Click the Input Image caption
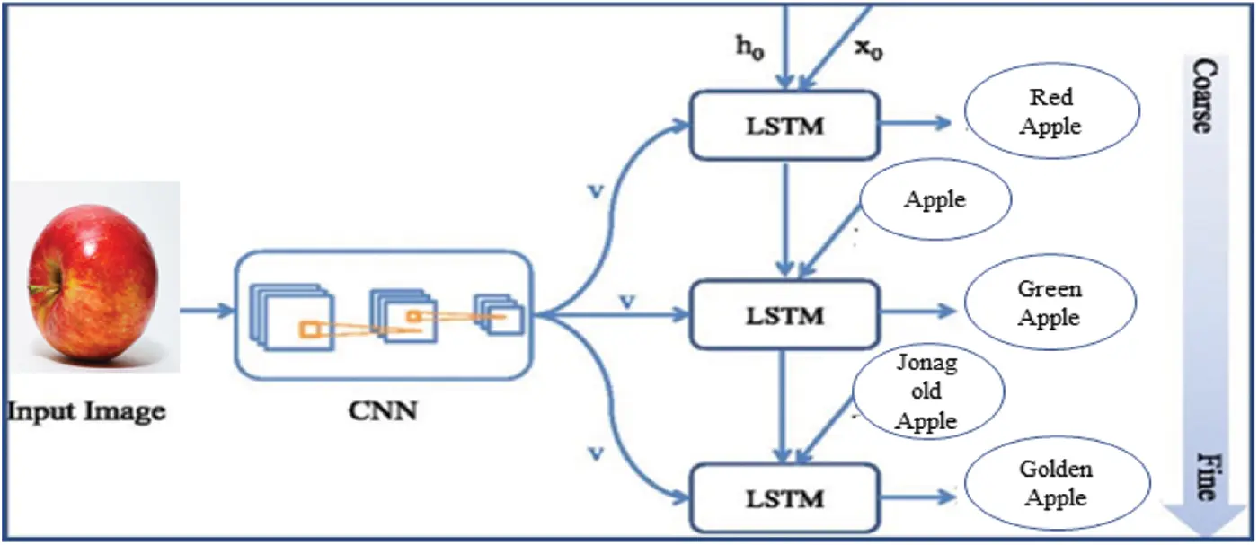87,412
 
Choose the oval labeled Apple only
935,198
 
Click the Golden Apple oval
1055,484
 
